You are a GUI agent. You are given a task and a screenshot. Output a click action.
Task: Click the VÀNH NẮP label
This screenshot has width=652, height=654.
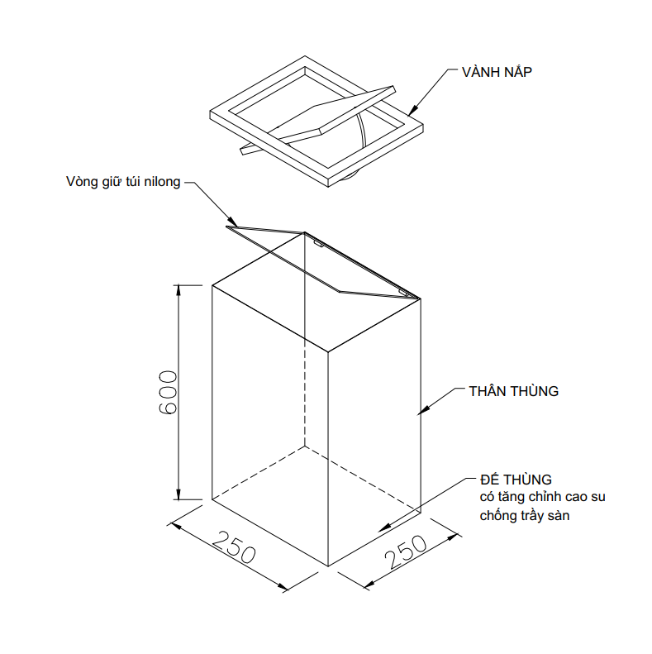(497, 71)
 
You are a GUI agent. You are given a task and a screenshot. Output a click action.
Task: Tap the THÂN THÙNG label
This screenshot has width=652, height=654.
(514, 391)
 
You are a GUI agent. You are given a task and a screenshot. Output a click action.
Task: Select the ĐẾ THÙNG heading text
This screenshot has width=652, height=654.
(516, 480)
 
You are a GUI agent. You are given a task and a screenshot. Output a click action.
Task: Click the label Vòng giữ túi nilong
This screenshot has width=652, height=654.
(123, 181)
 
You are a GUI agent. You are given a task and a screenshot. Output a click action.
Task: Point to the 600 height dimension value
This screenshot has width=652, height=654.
(169, 392)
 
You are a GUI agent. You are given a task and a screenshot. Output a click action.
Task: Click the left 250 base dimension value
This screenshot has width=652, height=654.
(234, 547)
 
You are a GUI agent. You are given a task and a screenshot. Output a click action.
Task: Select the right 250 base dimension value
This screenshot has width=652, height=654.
(406, 552)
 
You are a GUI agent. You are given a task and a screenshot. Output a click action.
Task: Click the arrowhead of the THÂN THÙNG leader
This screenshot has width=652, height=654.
(423, 410)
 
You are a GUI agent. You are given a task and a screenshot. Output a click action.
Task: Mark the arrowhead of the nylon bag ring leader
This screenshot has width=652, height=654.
(234, 222)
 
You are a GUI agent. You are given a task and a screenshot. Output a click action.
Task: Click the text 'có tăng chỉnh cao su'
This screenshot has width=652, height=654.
(542, 497)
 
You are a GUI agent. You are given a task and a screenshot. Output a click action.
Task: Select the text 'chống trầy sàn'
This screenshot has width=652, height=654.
(525, 516)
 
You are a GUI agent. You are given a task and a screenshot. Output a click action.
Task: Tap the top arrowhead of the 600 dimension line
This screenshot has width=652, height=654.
(178, 290)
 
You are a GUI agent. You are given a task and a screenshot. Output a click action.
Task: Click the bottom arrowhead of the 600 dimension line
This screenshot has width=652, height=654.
(178, 494)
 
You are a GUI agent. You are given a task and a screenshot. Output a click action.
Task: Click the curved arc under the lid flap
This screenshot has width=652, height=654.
(363, 130)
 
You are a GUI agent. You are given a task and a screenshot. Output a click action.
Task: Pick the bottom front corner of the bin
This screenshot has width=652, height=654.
(328, 566)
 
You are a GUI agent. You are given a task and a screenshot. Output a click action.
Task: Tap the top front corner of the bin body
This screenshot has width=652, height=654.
(328, 352)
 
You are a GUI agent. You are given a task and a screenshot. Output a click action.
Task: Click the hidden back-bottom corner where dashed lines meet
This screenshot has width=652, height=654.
(305, 446)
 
